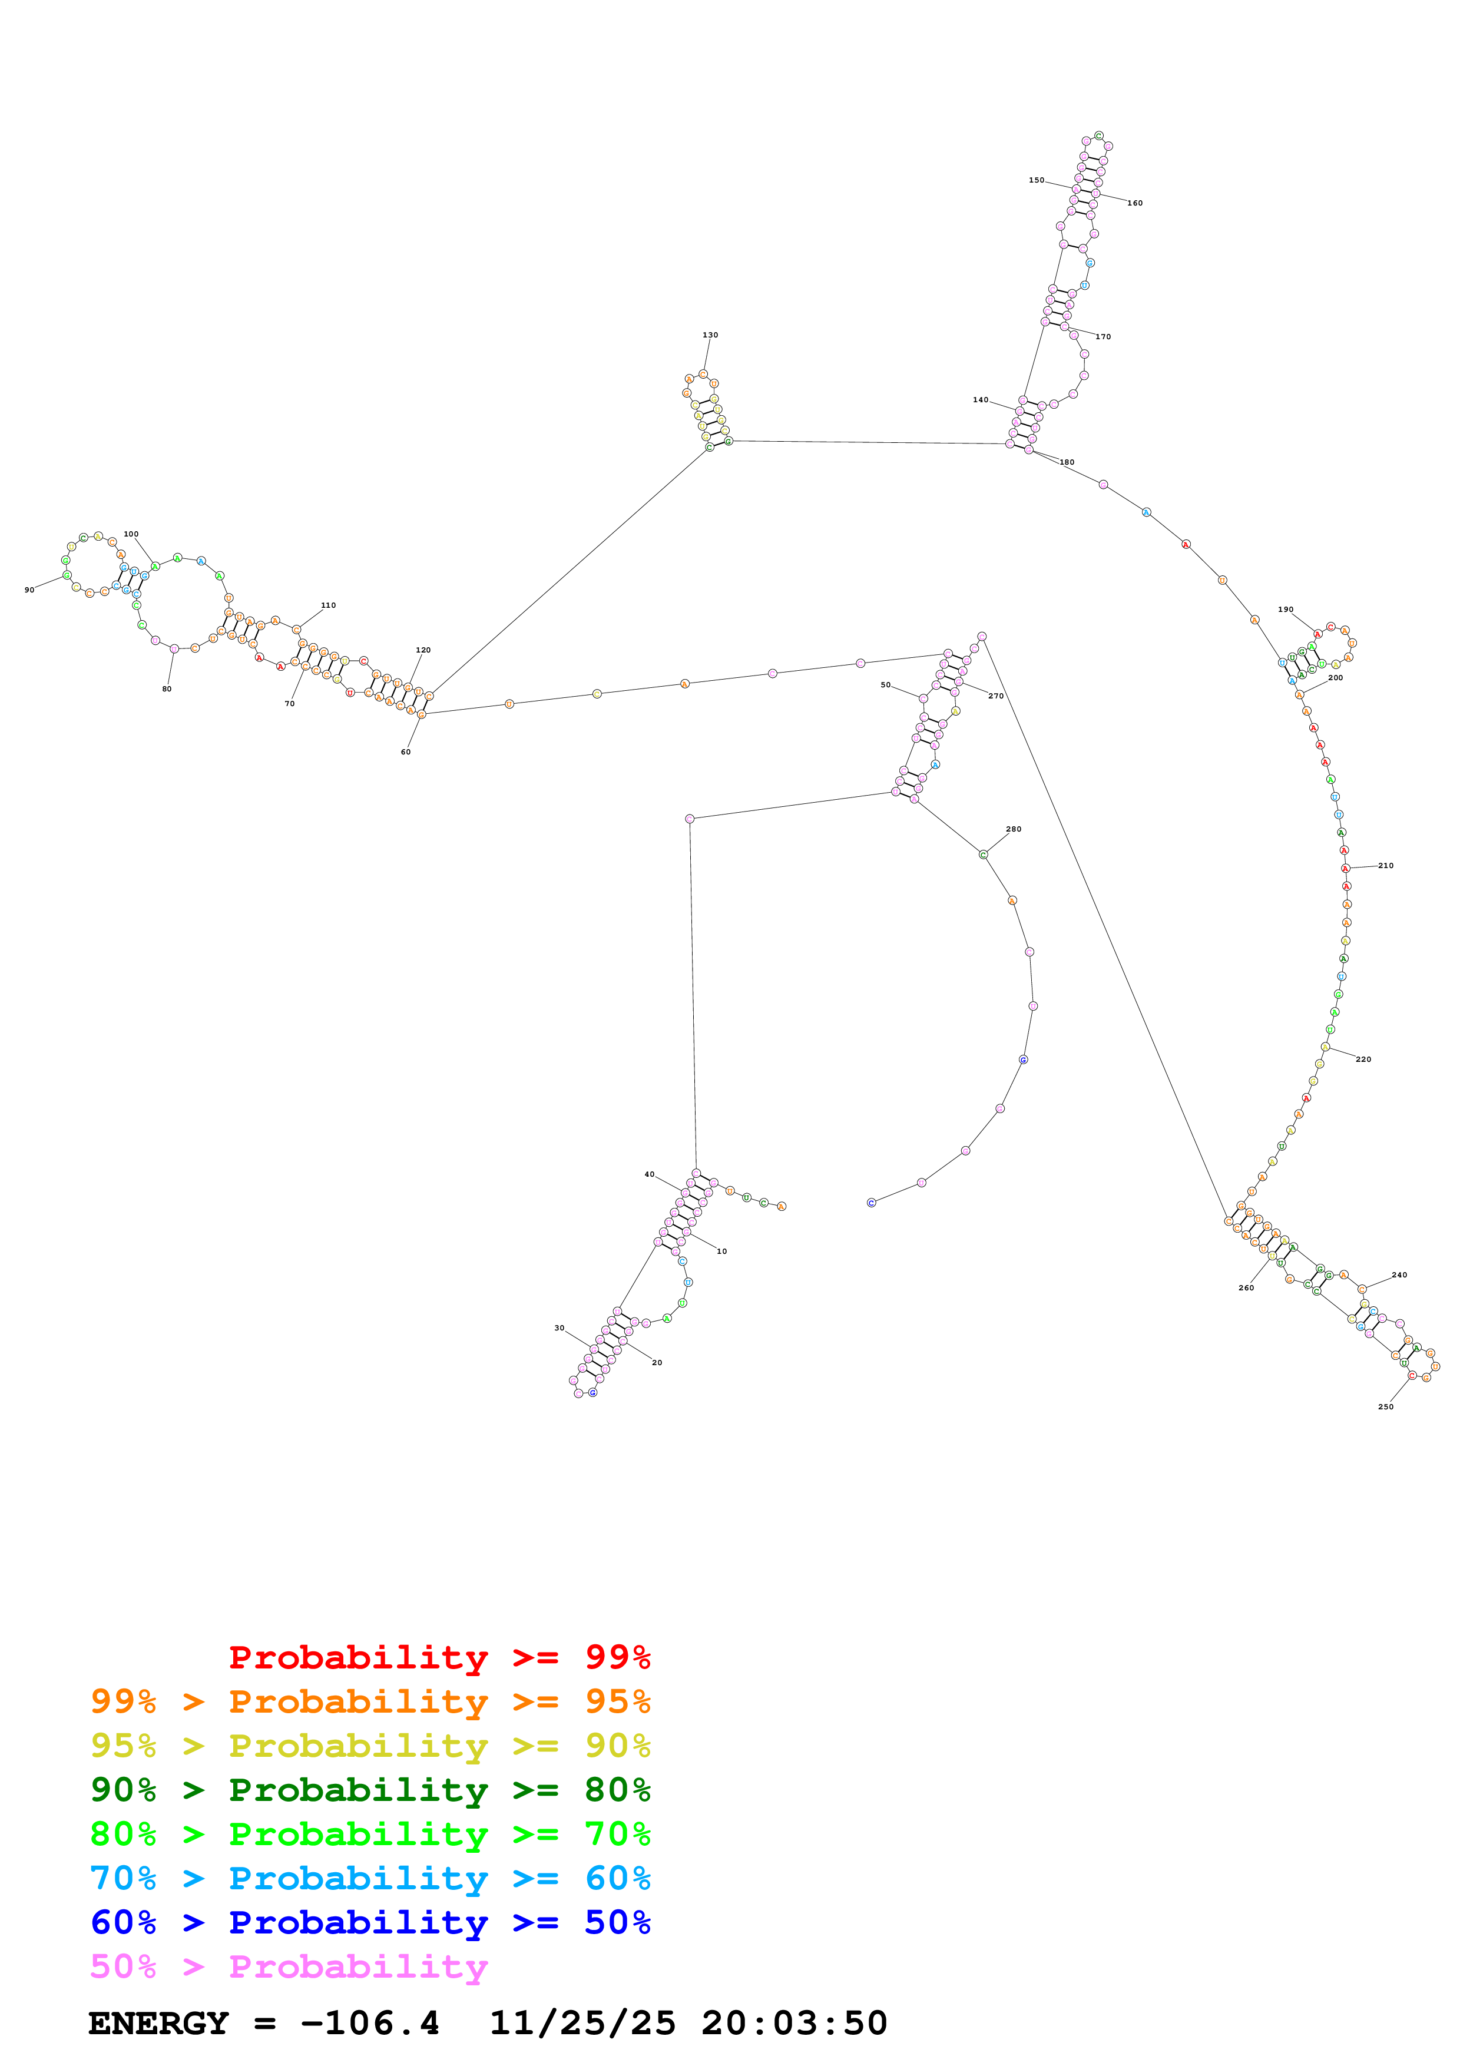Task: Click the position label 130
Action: coord(710,335)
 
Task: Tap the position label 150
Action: coord(1037,180)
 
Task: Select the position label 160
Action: coord(1135,203)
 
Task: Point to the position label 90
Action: coord(29,590)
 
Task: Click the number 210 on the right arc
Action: coord(1385,866)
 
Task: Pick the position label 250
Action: coord(1385,1406)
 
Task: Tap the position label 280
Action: coord(1013,829)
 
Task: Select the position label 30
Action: coord(559,1328)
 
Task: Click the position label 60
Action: coord(406,752)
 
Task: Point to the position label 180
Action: coord(1067,462)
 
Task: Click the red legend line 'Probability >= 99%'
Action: coord(439,1657)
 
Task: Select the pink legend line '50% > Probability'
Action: coord(289,1967)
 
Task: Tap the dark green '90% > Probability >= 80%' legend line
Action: coord(370,1790)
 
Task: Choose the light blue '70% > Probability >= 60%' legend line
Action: coord(370,1878)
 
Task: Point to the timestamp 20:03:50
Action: coord(794,2024)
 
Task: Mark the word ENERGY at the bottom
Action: coord(158,2024)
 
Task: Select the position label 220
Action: coord(1363,1059)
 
